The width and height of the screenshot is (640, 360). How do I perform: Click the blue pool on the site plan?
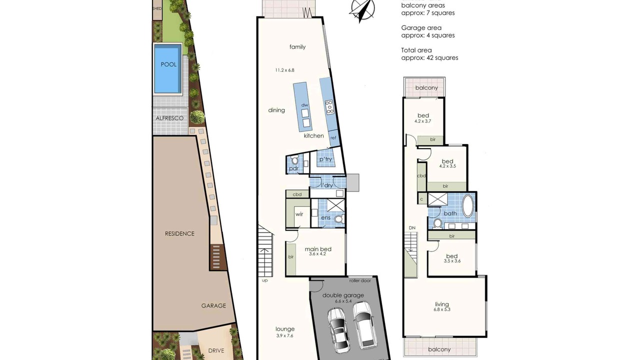(168, 68)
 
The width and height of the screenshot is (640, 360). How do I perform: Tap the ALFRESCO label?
(169, 118)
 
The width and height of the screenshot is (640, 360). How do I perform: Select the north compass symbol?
(361, 11)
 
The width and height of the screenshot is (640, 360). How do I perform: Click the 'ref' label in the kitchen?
(333, 137)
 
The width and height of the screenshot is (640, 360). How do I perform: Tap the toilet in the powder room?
(294, 160)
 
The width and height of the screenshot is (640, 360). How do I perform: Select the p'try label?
(325, 159)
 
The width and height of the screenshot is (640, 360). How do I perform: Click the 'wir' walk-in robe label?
(299, 214)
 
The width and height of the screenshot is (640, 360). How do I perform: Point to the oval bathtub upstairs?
(467, 205)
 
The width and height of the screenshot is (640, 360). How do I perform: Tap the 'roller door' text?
(360, 280)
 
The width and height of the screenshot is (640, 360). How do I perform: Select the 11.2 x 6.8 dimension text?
(284, 70)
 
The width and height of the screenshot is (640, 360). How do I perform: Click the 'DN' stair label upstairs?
(412, 228)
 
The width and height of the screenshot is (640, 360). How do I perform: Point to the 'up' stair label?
(265, 280)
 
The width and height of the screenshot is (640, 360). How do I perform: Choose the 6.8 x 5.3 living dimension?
(441, 309)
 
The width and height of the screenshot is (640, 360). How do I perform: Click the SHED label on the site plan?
(157, 8)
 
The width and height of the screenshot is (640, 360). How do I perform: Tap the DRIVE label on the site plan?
(216, 350)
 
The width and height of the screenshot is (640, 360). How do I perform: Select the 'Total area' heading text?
(416, 50)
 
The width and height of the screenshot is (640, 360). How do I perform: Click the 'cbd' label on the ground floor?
(297, 194)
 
